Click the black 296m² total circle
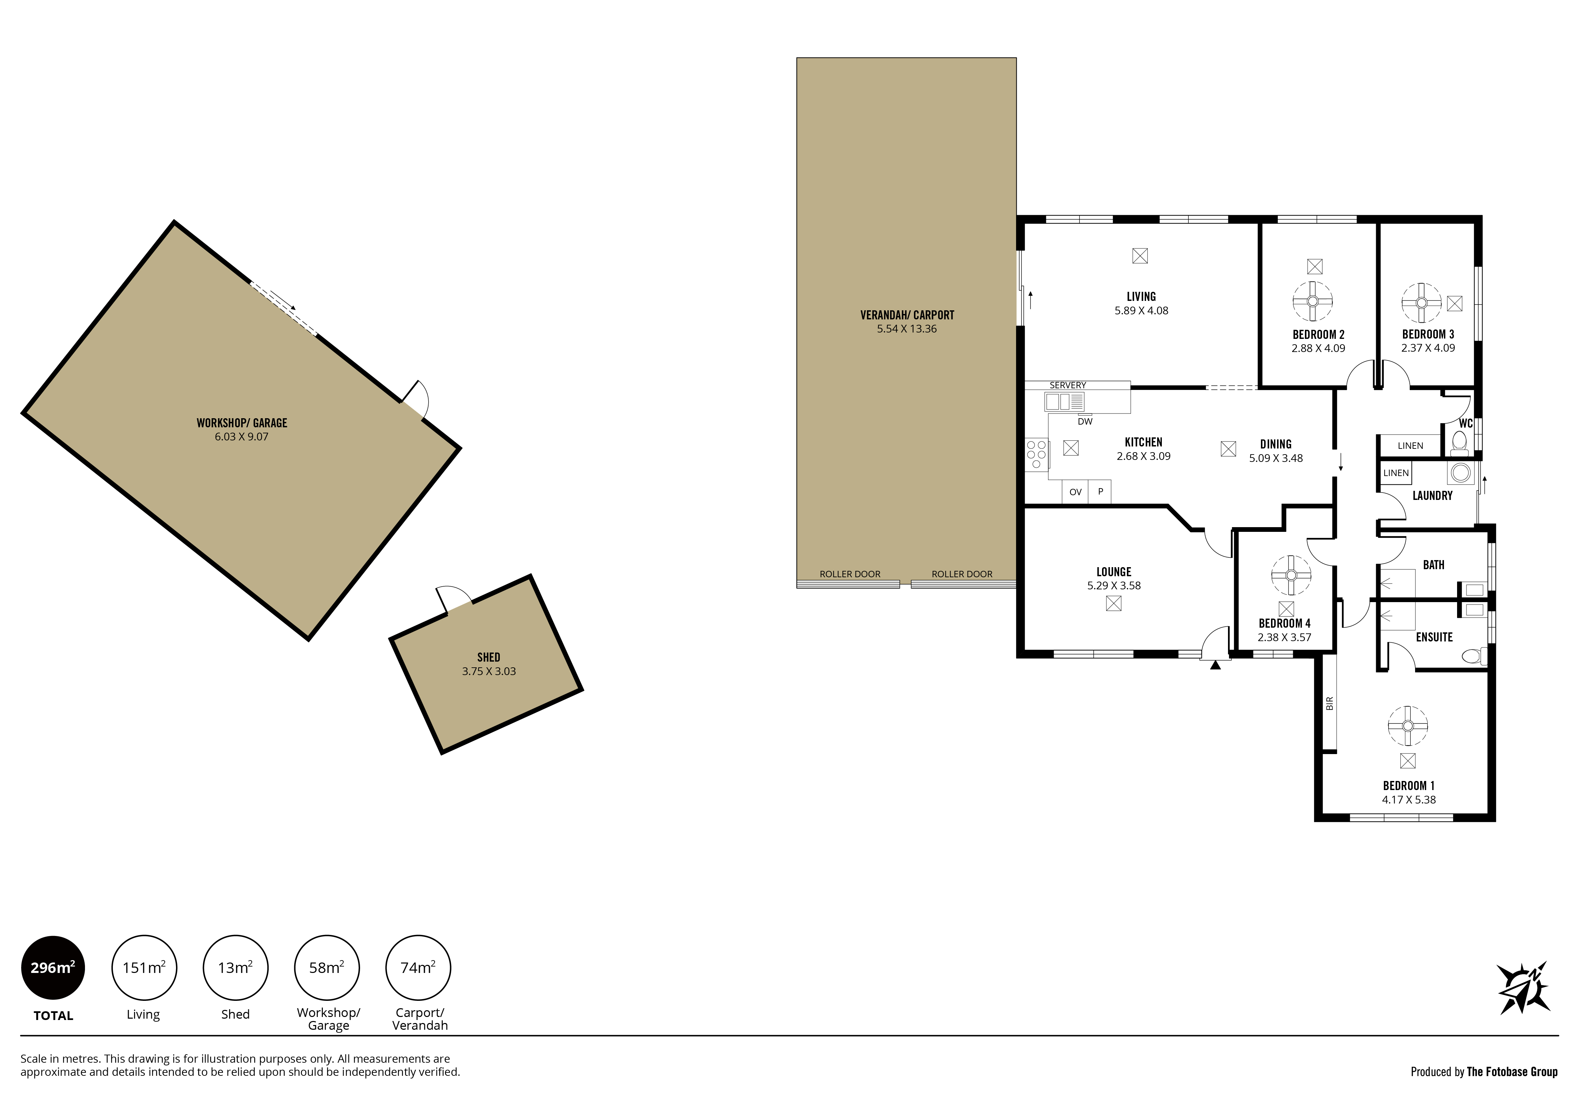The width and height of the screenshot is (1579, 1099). coord(53,968)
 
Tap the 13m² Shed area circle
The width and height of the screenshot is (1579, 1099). coord(235,968)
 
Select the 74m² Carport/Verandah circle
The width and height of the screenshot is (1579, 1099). coord(418,968)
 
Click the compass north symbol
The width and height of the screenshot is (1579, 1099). coord(1523,988)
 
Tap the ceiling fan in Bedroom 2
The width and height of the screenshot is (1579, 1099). coord(1313,301)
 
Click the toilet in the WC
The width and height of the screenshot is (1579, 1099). coord(1459,443)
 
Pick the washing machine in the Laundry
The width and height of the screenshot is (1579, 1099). coord(1461,473)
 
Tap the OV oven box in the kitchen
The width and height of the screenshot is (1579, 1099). coord(1076,492)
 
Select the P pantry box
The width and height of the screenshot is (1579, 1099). coord(1100,492)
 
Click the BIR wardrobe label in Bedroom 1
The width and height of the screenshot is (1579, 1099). coord(1329,703)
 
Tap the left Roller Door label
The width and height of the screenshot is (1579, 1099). coord(850,574)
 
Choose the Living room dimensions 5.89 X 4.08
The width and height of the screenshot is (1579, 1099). coord(1142,310)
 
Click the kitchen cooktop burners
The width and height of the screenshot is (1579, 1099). coord(1037,455)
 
